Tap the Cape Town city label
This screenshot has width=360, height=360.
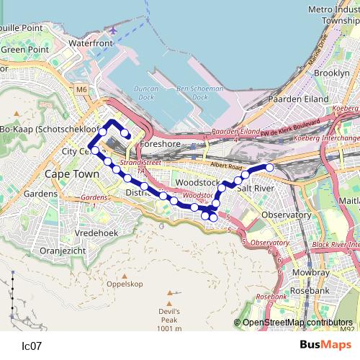coord(72,174)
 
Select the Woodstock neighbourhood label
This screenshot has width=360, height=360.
coord(196,183)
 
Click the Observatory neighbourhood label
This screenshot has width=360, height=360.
coord(286,215)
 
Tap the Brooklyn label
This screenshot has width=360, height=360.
coord(332,73)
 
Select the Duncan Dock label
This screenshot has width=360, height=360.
coord(145,91)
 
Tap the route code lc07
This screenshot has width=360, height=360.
coord(32,346)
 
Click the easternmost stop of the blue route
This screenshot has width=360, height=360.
coord(270,168)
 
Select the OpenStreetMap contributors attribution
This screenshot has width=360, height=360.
coord(297,323)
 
